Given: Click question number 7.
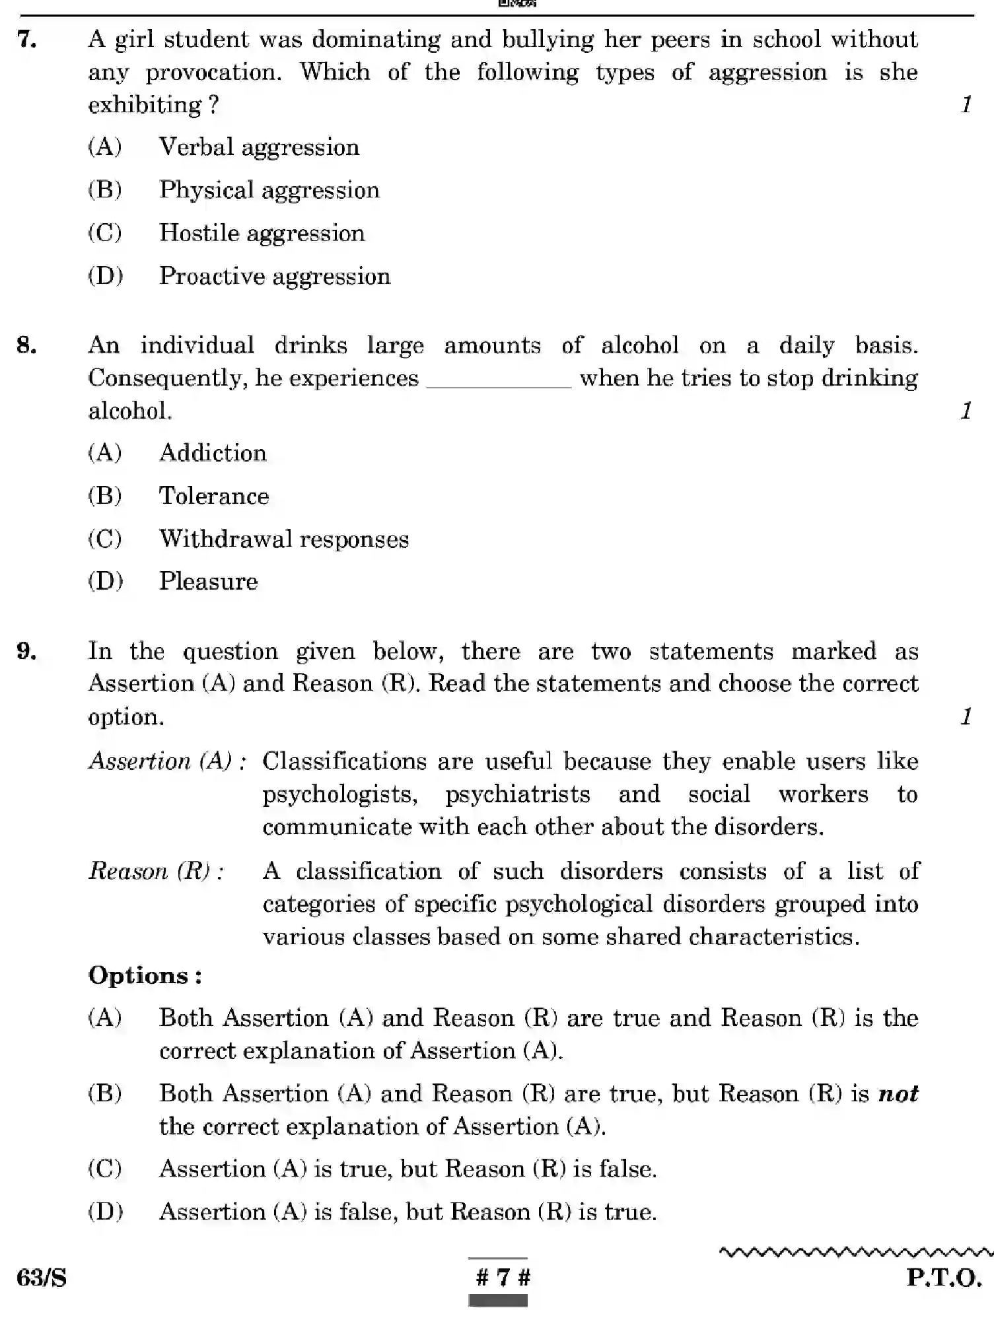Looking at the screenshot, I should point(26,40).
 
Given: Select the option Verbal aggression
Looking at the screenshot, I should point(258,147).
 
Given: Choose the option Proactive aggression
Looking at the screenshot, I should point(274,276).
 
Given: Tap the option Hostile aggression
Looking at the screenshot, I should point(262,233).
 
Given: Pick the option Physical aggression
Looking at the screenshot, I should point(269,190).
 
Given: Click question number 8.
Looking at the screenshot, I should point(26,345).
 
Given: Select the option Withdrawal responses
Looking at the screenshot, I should point(283,539).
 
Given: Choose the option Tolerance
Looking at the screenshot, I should point(213,496).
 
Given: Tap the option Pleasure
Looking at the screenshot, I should point(208,582).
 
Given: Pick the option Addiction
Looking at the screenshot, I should point(213,454).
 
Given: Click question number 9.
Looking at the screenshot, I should point(26,652).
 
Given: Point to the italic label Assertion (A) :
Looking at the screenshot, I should point(168,761).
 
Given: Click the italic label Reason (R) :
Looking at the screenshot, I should point(157,872).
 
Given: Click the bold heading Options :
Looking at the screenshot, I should point(145,976).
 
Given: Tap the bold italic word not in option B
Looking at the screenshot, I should point(898,1093).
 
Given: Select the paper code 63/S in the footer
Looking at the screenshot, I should point(42,1278).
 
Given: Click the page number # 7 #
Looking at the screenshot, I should point(503,1278).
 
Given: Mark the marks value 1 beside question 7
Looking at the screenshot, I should point(966,104).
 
